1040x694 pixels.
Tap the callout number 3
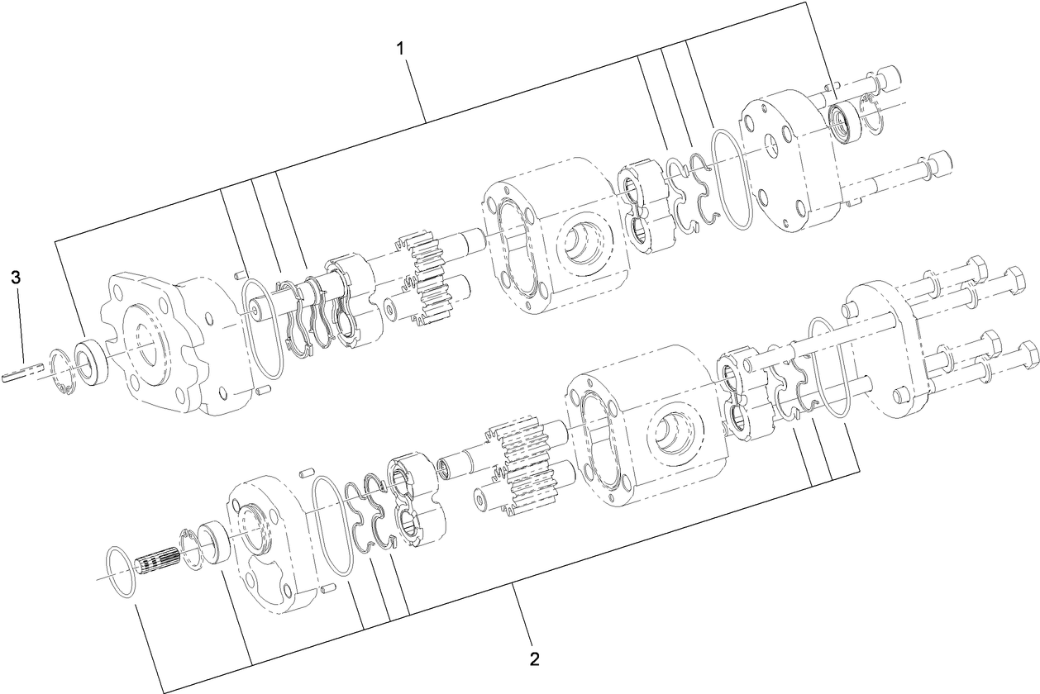point(16,277)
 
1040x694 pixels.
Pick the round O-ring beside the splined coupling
point(122,571)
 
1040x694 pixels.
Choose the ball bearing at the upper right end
point(847,122)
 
